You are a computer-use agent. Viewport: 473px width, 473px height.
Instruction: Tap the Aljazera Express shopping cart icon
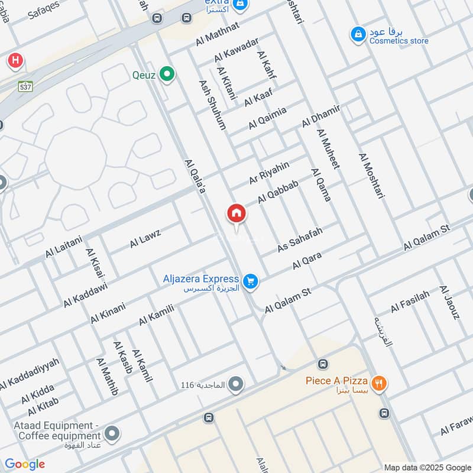point(251,282)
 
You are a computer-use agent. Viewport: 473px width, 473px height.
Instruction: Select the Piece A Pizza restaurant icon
point(380,383)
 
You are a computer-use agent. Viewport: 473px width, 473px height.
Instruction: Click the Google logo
point(25,464)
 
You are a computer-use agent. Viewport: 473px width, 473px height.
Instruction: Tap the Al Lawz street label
point(145,238)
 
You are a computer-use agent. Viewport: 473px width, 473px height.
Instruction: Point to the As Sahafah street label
point(300,239)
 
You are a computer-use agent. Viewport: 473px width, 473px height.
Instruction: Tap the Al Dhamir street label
point(322,116)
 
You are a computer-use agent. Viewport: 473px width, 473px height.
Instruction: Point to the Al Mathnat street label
point(217,34)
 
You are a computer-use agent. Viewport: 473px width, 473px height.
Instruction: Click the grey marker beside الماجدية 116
point(236,385)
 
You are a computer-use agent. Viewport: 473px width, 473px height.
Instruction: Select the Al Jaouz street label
point(449,302)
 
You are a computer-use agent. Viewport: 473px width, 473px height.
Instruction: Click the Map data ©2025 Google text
point(427,466)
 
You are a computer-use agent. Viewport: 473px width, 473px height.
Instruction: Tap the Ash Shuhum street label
point(213,105)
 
